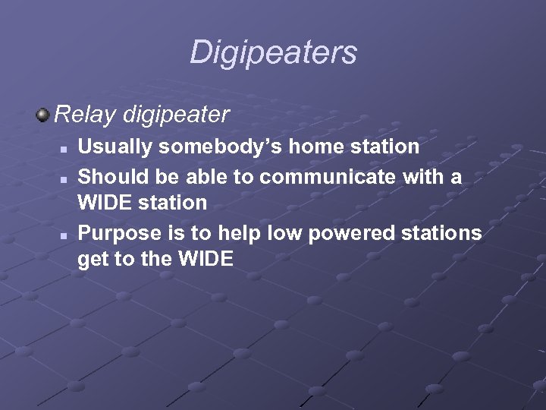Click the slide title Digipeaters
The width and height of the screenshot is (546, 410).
click(x=273, y=52)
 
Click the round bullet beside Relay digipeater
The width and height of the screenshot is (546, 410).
click(x=43, y=115)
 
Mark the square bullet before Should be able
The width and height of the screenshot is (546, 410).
click(x=65, y=177)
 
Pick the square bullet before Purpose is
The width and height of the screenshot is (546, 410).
click(x=65, y=234)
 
